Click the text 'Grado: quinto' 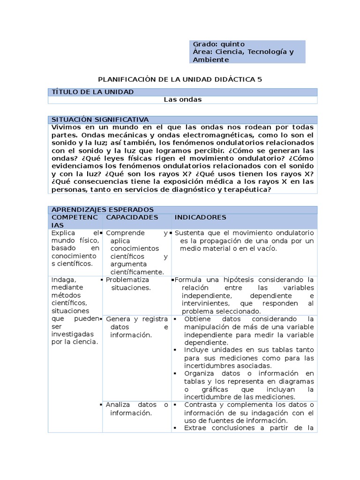218,44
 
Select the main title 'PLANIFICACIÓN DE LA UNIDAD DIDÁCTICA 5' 180,79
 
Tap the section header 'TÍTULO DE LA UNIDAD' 93,92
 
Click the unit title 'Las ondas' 182,99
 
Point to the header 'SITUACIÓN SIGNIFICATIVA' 100,120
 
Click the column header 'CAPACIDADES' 132,217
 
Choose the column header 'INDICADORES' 200,217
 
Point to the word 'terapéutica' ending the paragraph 249,189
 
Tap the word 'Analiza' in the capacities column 119,405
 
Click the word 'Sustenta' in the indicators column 189,233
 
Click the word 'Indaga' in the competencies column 62,280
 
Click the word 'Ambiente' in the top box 210,60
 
